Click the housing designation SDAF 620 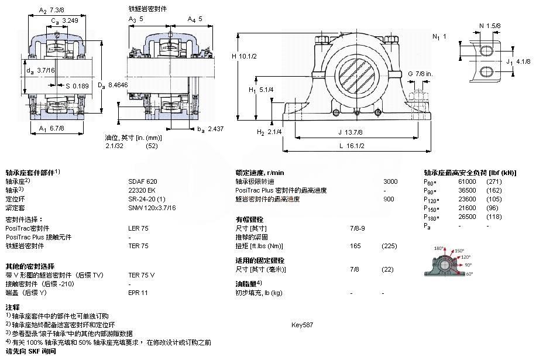[x=143, y=181]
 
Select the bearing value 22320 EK [x=142, y=190]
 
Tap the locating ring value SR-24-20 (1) [x=147, y=199]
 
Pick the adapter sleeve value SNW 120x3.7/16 [x=152, y=208]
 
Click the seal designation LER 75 [x=138, y=228]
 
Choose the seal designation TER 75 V [x=142, y=275]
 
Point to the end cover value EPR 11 [x=138, y=292]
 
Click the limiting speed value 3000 [x=390, y=181]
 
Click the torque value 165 [x=355, y=245]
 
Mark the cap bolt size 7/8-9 [x=358, y=228]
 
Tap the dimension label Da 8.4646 [x=113, y=85]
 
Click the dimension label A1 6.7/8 [x=51, y=128]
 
